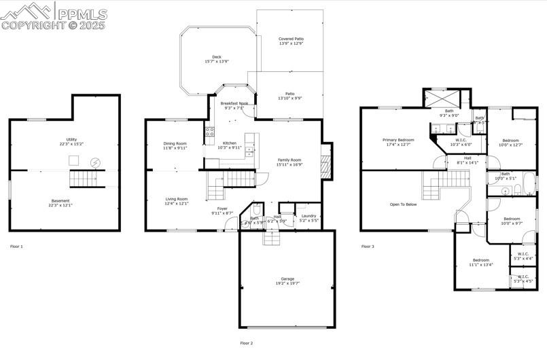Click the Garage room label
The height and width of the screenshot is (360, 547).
(287, 278)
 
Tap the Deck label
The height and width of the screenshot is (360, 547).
(216, 57)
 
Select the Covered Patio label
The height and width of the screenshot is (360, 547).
(291, 39)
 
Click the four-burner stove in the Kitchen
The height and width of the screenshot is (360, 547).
(210, 132)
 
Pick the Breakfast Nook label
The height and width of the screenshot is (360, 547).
(234, 103)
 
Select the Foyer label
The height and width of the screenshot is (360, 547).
(222, 209)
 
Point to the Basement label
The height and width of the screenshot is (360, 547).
(60, 200)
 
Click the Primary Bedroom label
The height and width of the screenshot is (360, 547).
(398, 139)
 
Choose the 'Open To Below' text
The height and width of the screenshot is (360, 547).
(403, 204)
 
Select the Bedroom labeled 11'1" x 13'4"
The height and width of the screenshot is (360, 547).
(481, 260)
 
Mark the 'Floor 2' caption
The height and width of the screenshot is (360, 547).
(246, 343)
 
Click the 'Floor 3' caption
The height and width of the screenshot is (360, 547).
(367, 247)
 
